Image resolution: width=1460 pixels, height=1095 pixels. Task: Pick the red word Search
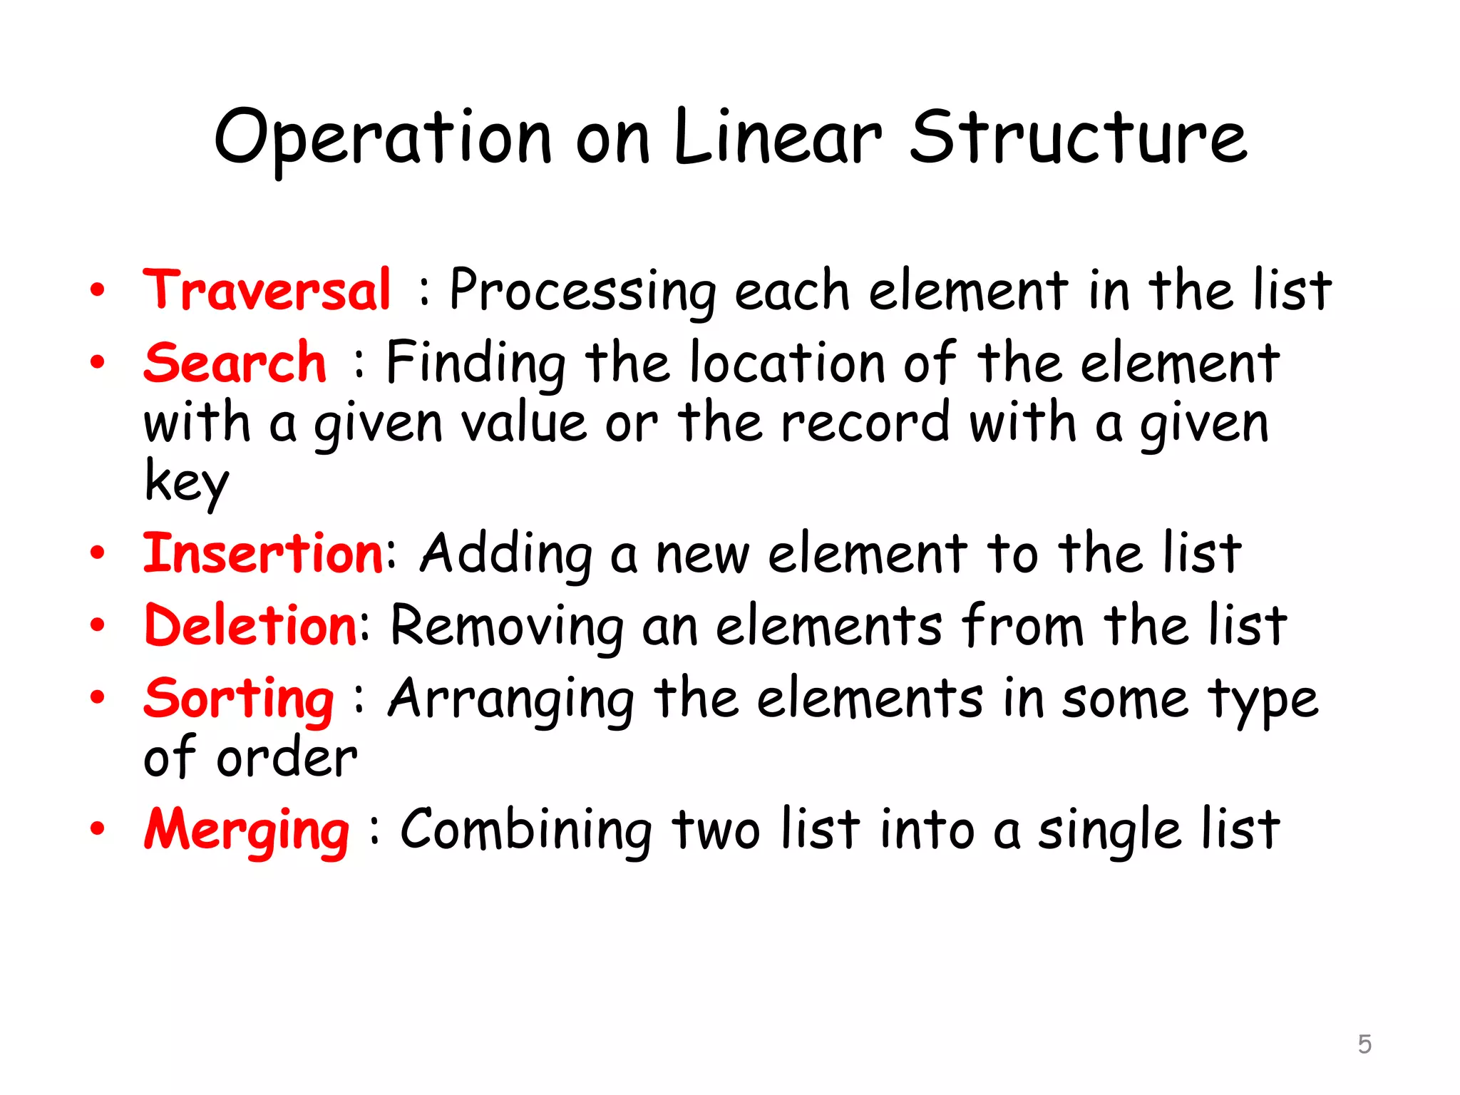click(235, 363)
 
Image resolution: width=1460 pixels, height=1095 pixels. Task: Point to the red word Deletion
click(251, 626)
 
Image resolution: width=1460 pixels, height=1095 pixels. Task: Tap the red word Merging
click(247, 831)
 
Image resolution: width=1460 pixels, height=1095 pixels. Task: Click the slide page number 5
click(1364, 1044)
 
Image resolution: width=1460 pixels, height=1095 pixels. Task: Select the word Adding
click(506, 555)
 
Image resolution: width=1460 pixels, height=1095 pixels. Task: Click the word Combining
click(526, 831)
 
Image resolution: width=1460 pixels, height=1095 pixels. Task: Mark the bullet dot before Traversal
click(98, 291)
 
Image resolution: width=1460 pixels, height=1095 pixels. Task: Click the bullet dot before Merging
click(98, 829)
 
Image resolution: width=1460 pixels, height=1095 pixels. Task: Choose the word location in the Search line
click(788, 363)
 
